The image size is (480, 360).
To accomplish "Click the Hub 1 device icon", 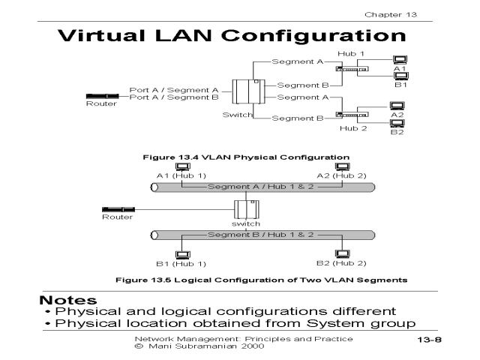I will pos(352,69).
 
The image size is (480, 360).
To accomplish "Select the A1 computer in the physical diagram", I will pos(400,59).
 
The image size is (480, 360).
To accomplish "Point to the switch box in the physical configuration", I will pos(244,93).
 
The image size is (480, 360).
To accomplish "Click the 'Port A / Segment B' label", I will pos(174,97).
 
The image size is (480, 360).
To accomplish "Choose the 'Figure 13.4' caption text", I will pos(165,157).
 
